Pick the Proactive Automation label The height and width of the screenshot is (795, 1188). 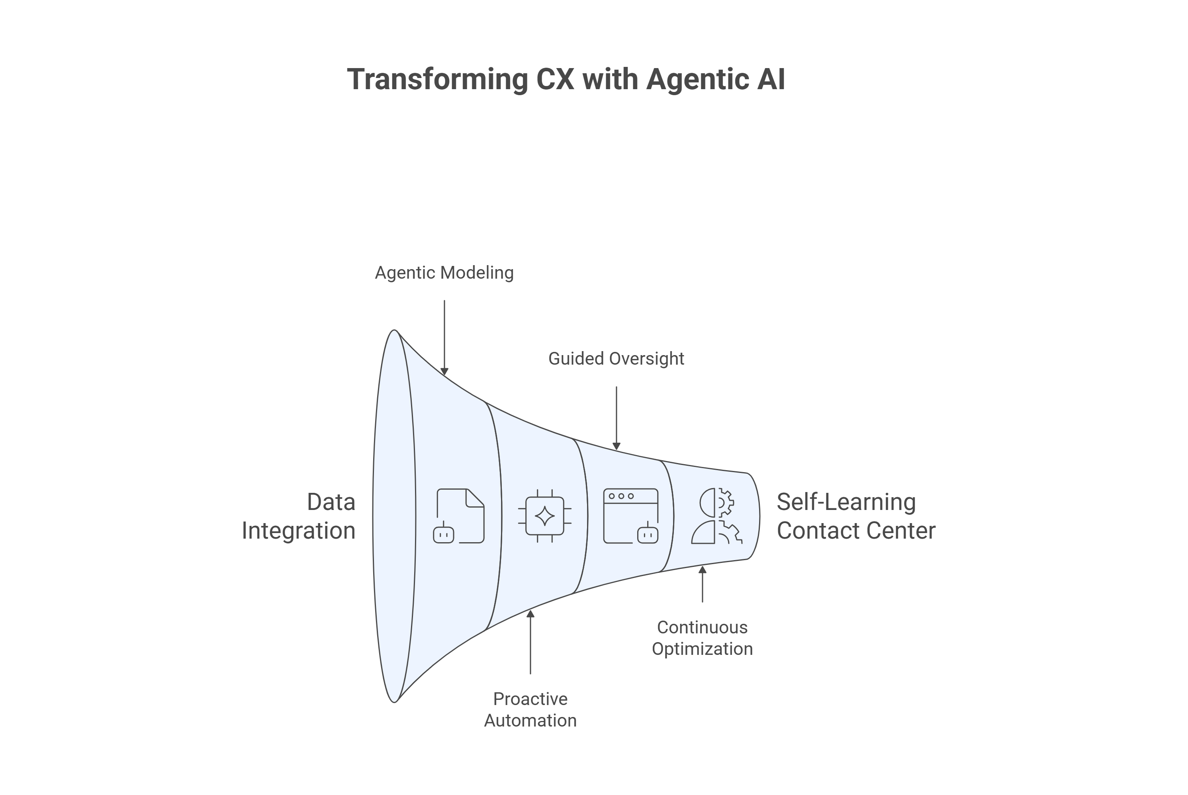pos(530,709)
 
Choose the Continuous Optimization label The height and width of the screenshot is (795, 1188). pos(702,638)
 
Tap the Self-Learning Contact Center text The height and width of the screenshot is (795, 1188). pos(856,516)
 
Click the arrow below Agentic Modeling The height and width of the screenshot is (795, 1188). pos(444,337)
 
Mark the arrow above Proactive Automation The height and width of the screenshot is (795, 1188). pos(530,642)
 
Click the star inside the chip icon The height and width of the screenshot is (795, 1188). pos(545,516)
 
